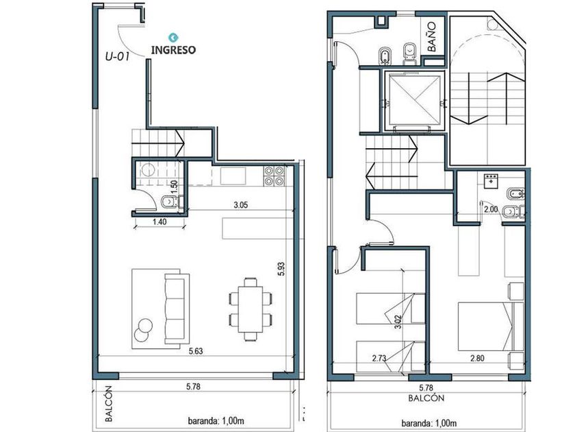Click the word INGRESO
173,49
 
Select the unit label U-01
117,56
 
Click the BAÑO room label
432,36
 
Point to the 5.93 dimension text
281,269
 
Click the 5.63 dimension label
196,351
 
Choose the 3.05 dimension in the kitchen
240,205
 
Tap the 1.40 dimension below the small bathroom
159,221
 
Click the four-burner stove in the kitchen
274,176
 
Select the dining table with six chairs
251,309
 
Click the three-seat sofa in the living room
177,309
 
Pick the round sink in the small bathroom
149,170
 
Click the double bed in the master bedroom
491,326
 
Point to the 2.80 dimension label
477,358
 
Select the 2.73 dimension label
379,358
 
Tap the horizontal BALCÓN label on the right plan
426,398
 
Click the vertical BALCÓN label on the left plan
109,403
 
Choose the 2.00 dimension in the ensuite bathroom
491,209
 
